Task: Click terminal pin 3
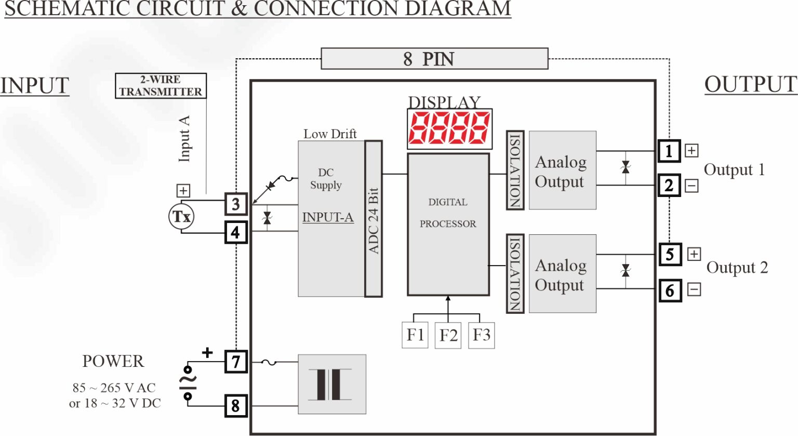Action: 236,204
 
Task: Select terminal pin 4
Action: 236,232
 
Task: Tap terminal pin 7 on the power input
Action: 236,361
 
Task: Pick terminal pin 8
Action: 236,405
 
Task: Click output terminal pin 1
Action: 669,151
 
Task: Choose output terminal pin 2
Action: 669,186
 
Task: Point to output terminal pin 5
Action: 670,255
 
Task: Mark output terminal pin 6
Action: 670,290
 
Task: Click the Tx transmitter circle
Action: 181,217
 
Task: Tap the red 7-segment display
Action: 449,128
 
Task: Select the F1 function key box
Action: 415,335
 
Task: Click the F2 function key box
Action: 448,335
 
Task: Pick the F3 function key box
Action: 481,335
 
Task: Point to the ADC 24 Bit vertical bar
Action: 374,219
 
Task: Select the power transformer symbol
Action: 332,385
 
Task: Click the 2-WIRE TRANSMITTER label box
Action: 161,86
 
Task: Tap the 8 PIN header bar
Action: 434,59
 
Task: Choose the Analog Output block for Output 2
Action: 562,274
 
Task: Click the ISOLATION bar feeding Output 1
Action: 515,170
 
